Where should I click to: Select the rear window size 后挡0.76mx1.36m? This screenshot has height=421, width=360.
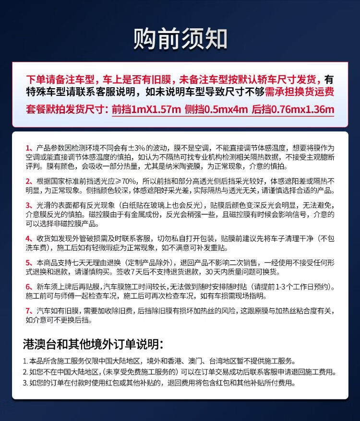292,109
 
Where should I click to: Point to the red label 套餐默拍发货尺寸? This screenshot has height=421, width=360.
67,109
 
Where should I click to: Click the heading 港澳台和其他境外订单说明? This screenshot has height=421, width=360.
93,344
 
